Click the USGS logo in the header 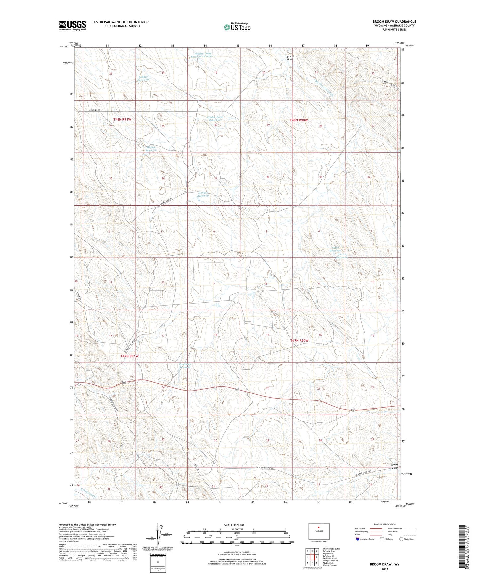[73, 25]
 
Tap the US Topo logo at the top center [237, 27]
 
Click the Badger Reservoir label [143, 78]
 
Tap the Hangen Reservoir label [203, 194]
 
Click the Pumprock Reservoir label [185, 366]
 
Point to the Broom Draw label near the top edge [290, 58]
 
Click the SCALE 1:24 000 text [235, 525]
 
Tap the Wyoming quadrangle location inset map [319, 532]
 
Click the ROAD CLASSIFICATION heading [385, 524]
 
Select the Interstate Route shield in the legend [358, 539]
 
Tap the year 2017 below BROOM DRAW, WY [385, 569]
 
